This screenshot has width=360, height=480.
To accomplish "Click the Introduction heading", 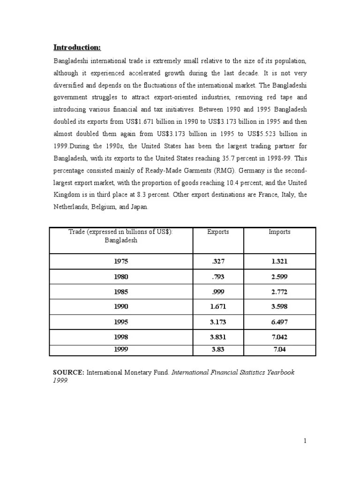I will pyautogui.click(x=77, y=47).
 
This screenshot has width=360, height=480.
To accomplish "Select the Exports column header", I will pyautogui.click(x=218, y=232).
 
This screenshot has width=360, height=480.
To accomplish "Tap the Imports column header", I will pyautogui.click(x=279, y=232).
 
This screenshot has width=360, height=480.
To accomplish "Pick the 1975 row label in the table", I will pyautogui.click(x=120, y=262).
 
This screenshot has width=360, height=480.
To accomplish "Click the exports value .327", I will pyautogui.click(x=218, y=262).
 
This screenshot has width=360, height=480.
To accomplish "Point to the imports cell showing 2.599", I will pyautogui.click(x=279, y=277).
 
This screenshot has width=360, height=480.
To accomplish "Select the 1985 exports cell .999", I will pyautogui.click(x=218, y=292).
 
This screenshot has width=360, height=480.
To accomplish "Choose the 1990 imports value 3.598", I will pyautogui.click(x=279, y=307).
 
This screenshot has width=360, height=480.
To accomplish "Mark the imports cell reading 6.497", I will pyautogui.click(x=279, y=322).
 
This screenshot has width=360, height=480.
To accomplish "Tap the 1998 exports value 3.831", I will pyautogui.click(x=218, y=337).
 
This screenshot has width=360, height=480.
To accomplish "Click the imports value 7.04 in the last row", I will pyautogui.click(x=279, y=349).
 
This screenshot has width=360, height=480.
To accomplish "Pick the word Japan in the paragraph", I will pyautogui.click(x=138, y=206).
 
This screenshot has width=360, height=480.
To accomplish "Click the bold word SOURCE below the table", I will pyautogui.click(x=68, y=372).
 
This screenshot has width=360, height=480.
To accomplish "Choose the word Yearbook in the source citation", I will pyautogui.click(x=281, y=372).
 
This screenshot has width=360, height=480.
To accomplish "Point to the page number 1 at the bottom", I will pyautogui.click(x=305, y=440).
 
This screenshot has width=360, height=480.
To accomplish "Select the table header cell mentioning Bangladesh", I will pyautogui.click(x=120, y=240).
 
